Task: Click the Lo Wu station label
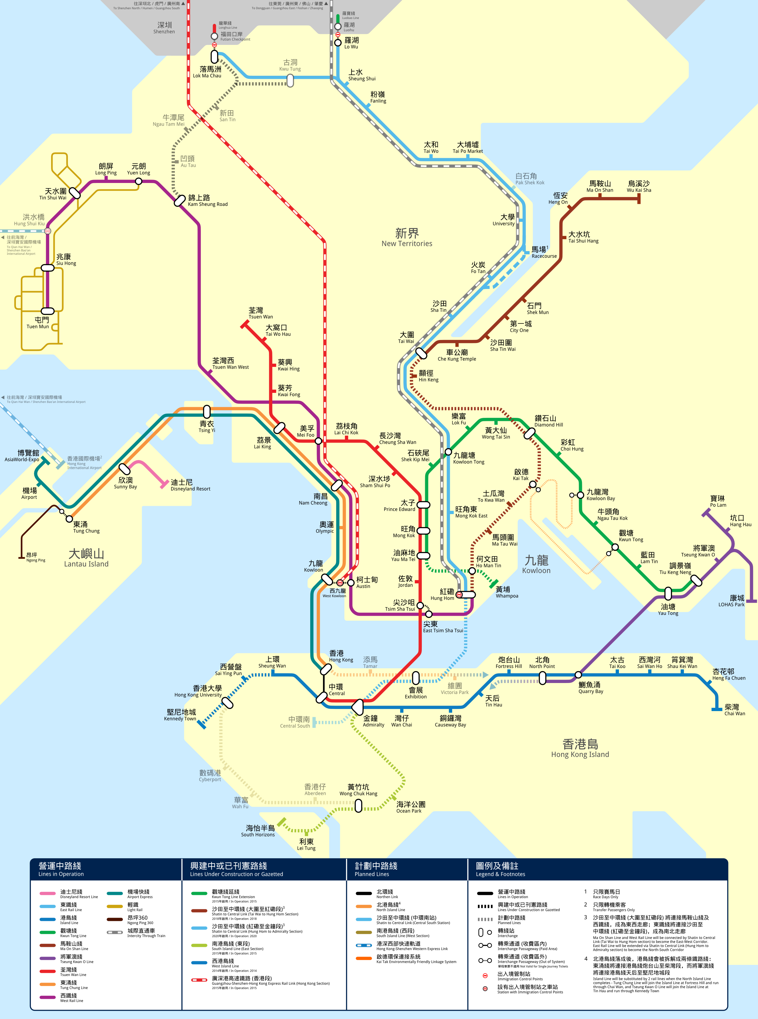click(351, 43)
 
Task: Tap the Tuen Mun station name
click(38, 323)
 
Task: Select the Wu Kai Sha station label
click(639, 186)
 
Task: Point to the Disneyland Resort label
click(190, 485)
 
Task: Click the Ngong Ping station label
click(35, 557)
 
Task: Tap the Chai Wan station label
click(734, 710)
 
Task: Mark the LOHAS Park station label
click(731, 601)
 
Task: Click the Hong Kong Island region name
click(580, 748)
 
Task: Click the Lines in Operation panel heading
click(61, 869)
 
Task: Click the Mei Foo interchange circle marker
click(318, 441)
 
